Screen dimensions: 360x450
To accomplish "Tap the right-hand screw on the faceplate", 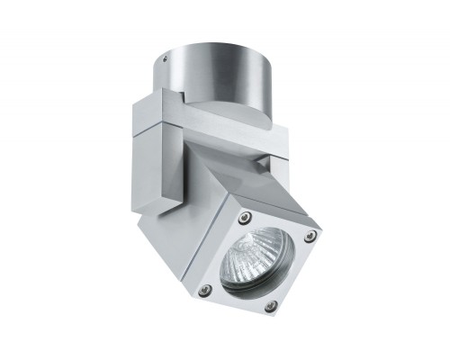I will (310, 236).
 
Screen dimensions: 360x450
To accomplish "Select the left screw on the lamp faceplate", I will (205, 289).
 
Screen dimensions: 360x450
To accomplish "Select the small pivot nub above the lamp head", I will (261, 163).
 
